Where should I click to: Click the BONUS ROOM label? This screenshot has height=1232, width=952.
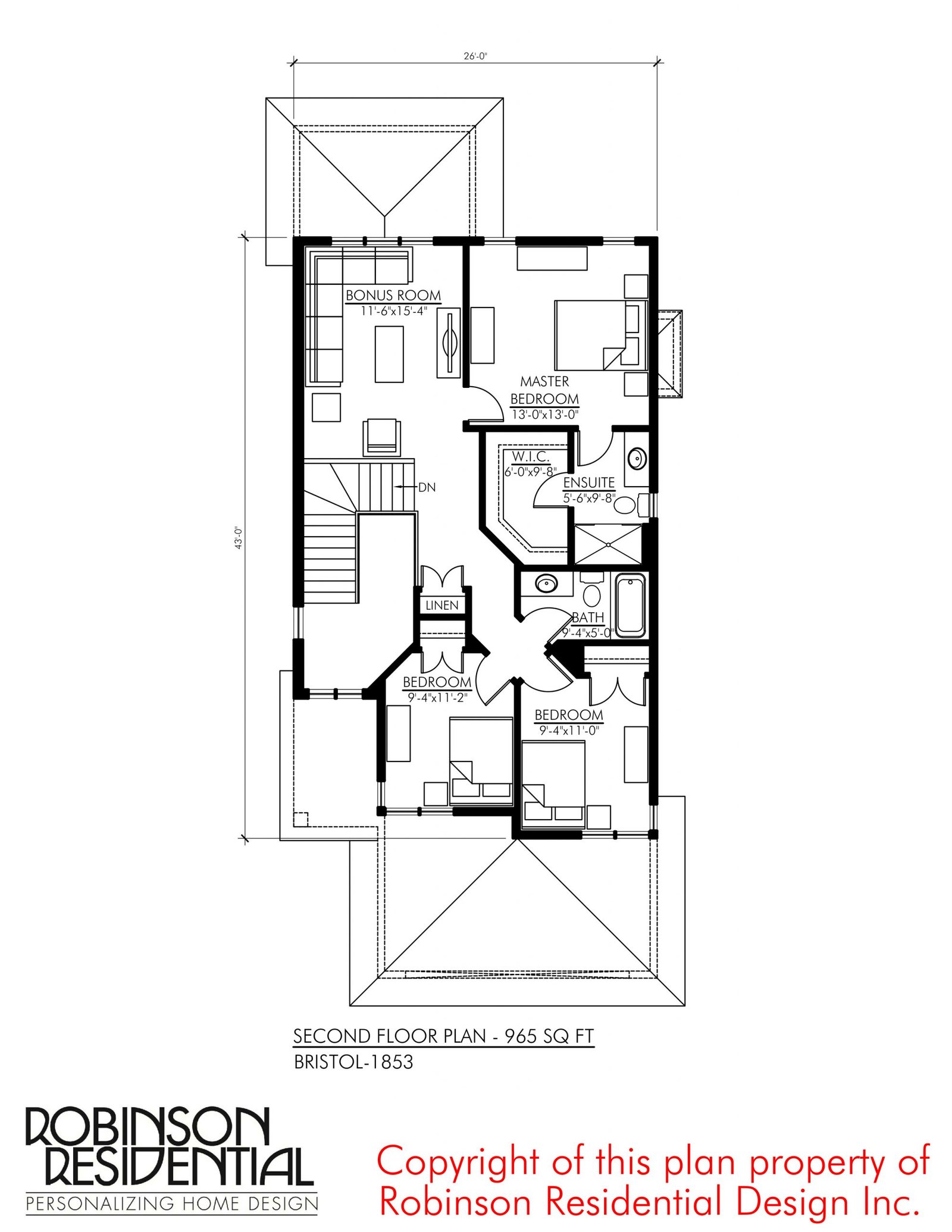pos(393,295)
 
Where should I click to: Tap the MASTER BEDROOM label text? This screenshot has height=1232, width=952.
pos(544,390)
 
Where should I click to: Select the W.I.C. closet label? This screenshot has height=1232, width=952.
pos(531,457)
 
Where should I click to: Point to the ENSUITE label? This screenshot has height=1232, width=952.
pos(589,482)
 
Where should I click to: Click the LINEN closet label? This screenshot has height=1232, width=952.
pos(442,605)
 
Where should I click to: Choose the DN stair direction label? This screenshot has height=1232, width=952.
pos(427,487)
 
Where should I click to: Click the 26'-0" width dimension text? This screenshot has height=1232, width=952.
pos(475,57)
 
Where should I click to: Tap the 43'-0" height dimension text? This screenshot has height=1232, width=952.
pos(239,538)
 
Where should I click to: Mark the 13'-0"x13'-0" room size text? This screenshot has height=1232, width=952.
pos(545,415)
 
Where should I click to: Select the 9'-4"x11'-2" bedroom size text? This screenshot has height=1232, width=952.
pos(437,697)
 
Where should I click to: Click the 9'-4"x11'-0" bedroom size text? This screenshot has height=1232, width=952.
pos(569,731)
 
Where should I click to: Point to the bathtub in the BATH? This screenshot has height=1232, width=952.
pos(631,605)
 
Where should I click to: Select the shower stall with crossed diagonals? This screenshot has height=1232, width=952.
pos(609,544)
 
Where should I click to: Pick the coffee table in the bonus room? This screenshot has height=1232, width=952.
pos(389,353)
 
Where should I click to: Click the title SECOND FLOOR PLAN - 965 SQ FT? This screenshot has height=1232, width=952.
pos(443,1036)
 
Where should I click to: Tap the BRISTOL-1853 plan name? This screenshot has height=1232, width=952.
pos(353,1062)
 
